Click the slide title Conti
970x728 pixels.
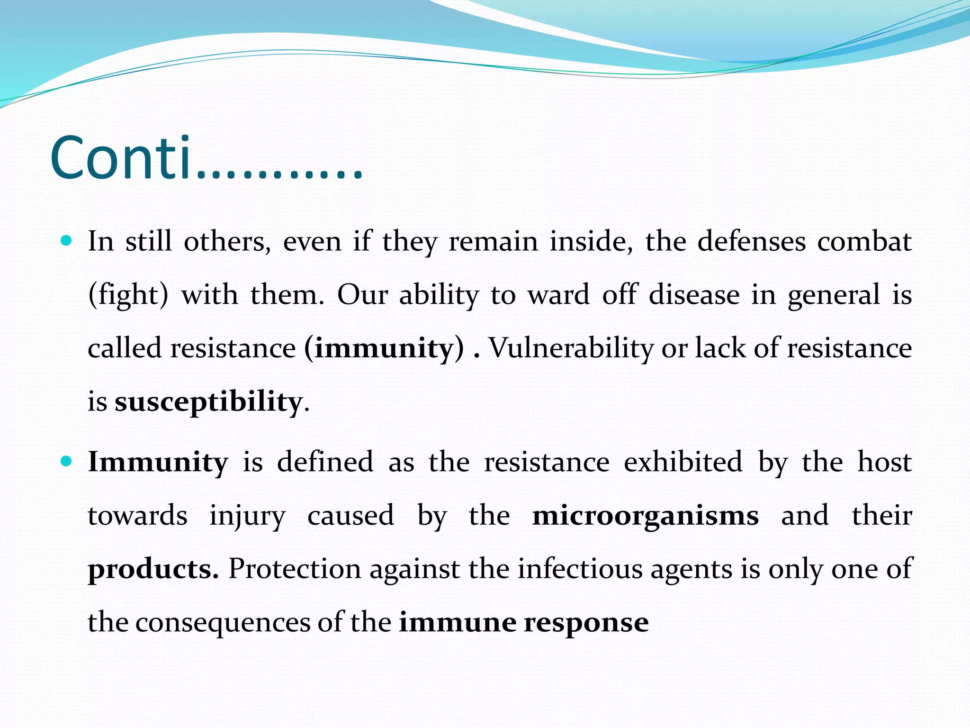click(x=207, y=158)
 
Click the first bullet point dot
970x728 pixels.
click(x=66, y=241)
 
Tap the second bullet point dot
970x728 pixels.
click(x=66, y=461)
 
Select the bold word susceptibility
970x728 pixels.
click(x=208, y=402)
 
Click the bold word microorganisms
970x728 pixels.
click(x=645, y=516)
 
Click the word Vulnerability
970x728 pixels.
click(x=571, y=348)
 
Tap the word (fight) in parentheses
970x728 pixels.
click(x=128, y=295)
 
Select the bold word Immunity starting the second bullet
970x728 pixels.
click(x=158, y=462)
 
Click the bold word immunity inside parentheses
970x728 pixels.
click(x=384, y=348)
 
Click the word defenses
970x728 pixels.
click(x=751, y=242)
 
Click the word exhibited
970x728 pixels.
click(x=683, y=462)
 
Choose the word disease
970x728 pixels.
click(x=694, y=295)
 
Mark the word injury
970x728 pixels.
click(x=247, y=516)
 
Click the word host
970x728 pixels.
click(x=884, y=462)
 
